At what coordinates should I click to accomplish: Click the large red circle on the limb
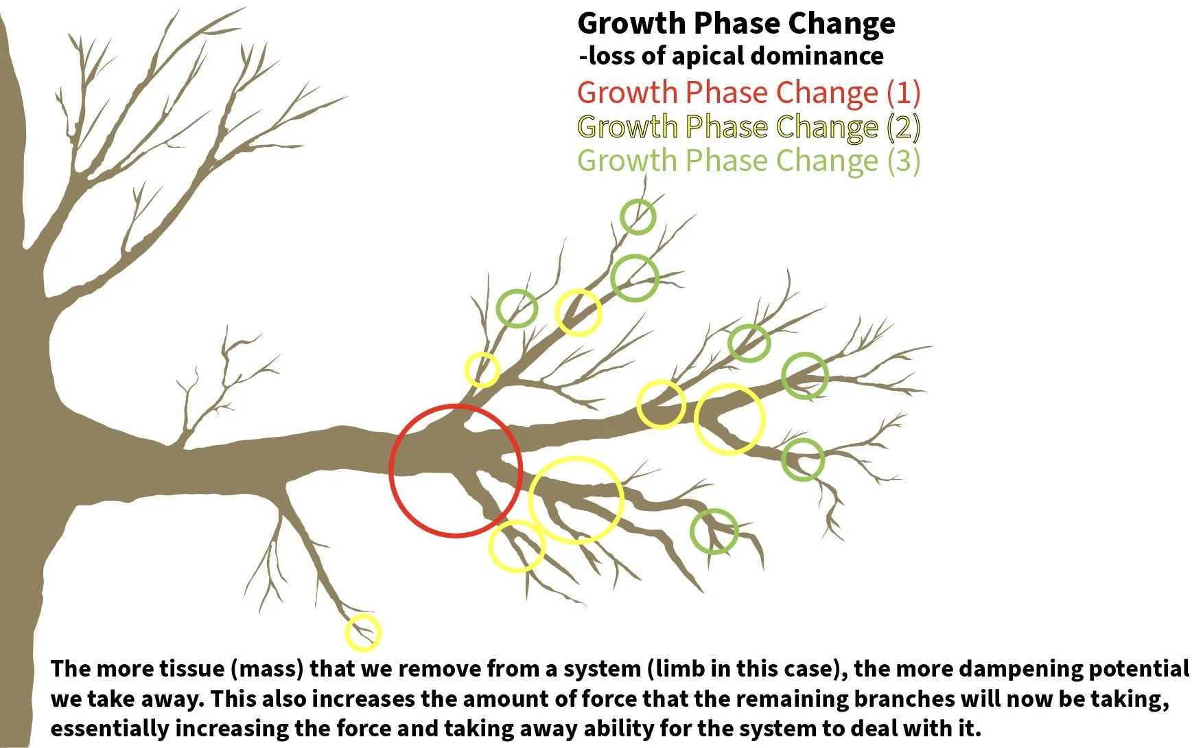(x=456, y=471)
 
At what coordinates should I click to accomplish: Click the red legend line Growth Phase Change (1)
(x=748, y=93)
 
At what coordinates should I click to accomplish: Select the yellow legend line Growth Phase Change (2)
(x=748, y=127)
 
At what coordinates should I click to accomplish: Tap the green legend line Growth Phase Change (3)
(x=748, y=161)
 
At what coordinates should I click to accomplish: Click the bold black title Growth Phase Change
(x=736, y=23)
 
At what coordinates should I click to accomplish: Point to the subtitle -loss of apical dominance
(x=731, y=56)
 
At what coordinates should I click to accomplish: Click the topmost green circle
(x=638, y=216)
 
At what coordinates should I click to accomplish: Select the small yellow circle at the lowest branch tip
(x=362, y=633)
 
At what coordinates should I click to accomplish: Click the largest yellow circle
(x=576, y=499)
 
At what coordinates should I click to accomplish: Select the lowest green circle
(x=714, y=531)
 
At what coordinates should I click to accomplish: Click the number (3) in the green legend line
(x=903, y=161)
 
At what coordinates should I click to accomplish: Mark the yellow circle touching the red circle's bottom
(x=517, y=546)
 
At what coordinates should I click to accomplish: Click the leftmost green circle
(x=517, y=308)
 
